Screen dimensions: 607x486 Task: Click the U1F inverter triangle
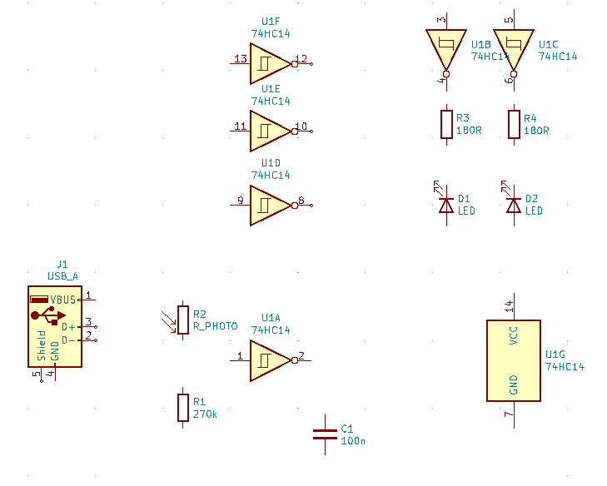coord(270,64)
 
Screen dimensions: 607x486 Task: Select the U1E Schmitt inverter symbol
coord(270,131)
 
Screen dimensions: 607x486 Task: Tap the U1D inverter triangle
coord(270,206)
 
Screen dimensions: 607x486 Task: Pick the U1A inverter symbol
coord(270,360)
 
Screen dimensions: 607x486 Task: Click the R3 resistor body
coord(446,124)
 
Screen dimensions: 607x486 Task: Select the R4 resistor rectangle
coord(514,124)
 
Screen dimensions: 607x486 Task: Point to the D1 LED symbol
coord(445,203)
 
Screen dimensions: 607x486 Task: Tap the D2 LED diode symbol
coord(513,203)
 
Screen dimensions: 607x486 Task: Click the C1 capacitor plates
coord(325,434)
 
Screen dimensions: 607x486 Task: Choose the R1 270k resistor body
coord(182,408)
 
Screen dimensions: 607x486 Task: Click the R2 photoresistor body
coord(182,320)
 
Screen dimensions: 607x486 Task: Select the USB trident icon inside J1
coord(48,315)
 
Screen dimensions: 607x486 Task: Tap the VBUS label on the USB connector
coord(62,300)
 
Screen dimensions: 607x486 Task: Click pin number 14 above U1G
coord(509,306)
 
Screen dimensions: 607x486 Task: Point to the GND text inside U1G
coord(513,384)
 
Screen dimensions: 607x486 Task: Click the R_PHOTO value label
coord(215,326)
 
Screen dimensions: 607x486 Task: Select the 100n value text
coord(353,441)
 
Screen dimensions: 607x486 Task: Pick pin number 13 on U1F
coord(241,59)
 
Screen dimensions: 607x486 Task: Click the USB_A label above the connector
coord(62,276)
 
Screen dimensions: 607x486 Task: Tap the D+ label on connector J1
coord(68,327)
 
